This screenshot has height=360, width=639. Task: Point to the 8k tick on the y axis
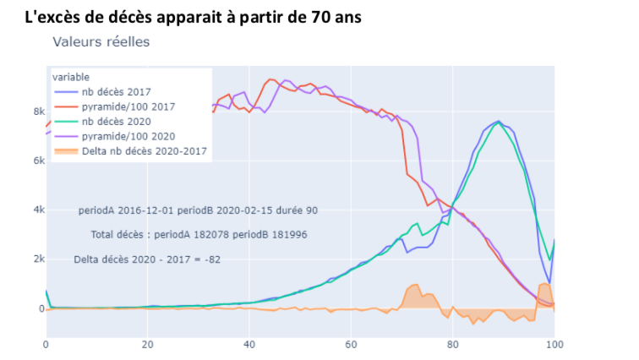pyautogui.click(x=38, y=111)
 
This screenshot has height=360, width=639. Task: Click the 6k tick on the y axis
pyautogui.click(x=38, y=161)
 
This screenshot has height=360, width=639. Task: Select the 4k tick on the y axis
pyautogui.click(x=38, y=210)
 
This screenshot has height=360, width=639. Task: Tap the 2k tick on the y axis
pyautogui.click(x=38, y=259)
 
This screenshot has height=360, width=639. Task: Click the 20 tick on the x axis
pyautogui.click(x=147, y=344)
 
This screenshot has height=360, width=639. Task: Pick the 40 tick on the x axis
pyautogui.click(x=248, y=344)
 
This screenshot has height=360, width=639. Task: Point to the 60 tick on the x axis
pyautogui.click(x=351, y=344)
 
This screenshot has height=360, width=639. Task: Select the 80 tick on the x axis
pyautogui.click(x=452, y=344)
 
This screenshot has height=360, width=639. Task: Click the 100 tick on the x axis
pyautogui.click(x=554, y=344)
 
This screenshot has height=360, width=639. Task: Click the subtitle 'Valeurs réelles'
pyautogui.click(x=101, y=41)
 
